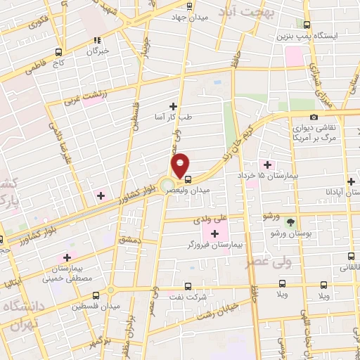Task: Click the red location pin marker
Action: pyautogui.click(x=181, y=164)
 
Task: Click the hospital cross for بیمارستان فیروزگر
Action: pyautogui.click(x=214, y=233)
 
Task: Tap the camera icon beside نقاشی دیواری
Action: pyautogui.click(x=313, y=117)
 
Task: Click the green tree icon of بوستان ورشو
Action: pyautogui.click(x=290, y=221)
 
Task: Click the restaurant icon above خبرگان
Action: pyautogui.click(x=97, y=41)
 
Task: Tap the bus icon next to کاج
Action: pyautogui.click(x=58, y=51)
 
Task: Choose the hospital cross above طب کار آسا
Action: pyautogui.click(x=173, y=105)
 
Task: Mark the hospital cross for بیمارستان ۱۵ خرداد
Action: pyautogui.click(x=268, y=164)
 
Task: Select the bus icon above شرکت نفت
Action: pyautogui.click(x=187, y=286)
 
